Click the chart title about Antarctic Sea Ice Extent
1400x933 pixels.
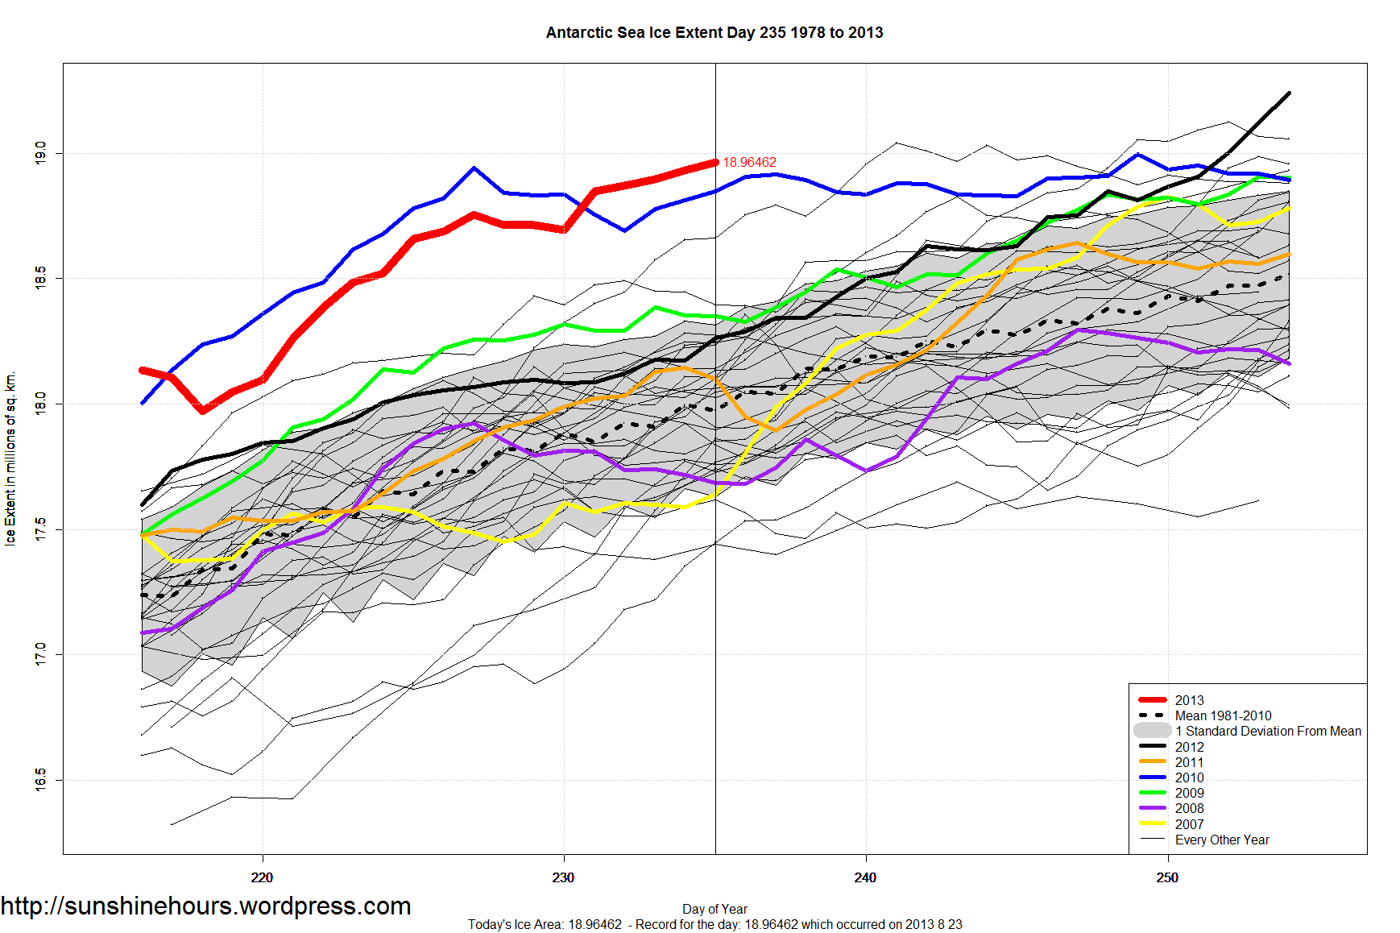pos(714,33)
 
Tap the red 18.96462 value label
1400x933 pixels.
pos(749,163)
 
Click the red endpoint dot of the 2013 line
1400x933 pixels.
pos(714,163)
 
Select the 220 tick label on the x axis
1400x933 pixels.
pos(262,877)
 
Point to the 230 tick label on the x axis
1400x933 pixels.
pos(563,877)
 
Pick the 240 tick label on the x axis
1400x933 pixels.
pos(865,877)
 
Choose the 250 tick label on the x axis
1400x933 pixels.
pos(1167,877)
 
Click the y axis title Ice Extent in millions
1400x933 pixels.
pos(10,459)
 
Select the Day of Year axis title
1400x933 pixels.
pos(714,909)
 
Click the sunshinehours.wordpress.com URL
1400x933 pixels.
pos(206,906)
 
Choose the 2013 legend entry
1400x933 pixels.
pos(1189,700)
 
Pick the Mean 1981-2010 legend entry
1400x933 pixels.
pos(1223,715)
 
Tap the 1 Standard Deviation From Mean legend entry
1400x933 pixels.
pos(1267,731)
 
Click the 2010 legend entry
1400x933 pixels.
pos(1189,777)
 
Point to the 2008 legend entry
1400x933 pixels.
pos(1189,808)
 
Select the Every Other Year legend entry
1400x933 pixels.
pos(1221,840)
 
